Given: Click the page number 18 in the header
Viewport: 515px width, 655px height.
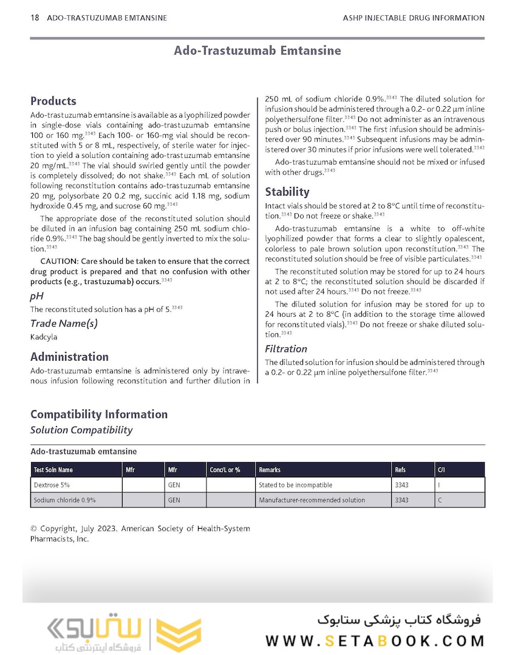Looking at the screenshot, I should [x=35, y=18].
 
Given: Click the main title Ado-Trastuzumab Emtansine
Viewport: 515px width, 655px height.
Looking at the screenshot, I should [x=257, y=50].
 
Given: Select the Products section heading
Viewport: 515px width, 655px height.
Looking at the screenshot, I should [x=53, y=101].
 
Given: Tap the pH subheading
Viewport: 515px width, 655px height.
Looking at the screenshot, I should [x=37, y=296].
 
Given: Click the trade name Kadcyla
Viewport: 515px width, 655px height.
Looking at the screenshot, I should [x=44, y=336].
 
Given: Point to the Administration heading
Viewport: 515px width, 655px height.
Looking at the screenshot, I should [x=69, y=357].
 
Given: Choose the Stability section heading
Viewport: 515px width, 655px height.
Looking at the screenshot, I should [x=287, y=192].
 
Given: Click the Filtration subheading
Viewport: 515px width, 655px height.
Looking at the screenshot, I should [x=286, y=349].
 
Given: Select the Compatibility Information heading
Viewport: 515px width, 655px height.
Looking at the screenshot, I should [x=99, y=415].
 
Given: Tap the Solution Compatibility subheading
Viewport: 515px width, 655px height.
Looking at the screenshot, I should [x=81, y=430].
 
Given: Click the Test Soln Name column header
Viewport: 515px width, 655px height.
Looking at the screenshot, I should [x=53, y=470].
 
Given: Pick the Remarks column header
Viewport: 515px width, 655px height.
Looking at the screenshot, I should [x=270, y=470].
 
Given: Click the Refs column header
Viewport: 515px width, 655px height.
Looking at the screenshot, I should [x=400, y=470].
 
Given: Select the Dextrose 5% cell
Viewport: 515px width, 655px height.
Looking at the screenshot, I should [x=52, y=485].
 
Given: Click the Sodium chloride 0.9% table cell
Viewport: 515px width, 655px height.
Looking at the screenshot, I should [x=64, y=500].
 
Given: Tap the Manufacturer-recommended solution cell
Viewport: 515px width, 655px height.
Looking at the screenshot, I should [x=312, y=500].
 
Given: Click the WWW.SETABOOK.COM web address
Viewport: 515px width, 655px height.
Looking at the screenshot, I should [x=375, y=641].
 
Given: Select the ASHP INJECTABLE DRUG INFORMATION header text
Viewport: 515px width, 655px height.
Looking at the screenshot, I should [x=414, y=18].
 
